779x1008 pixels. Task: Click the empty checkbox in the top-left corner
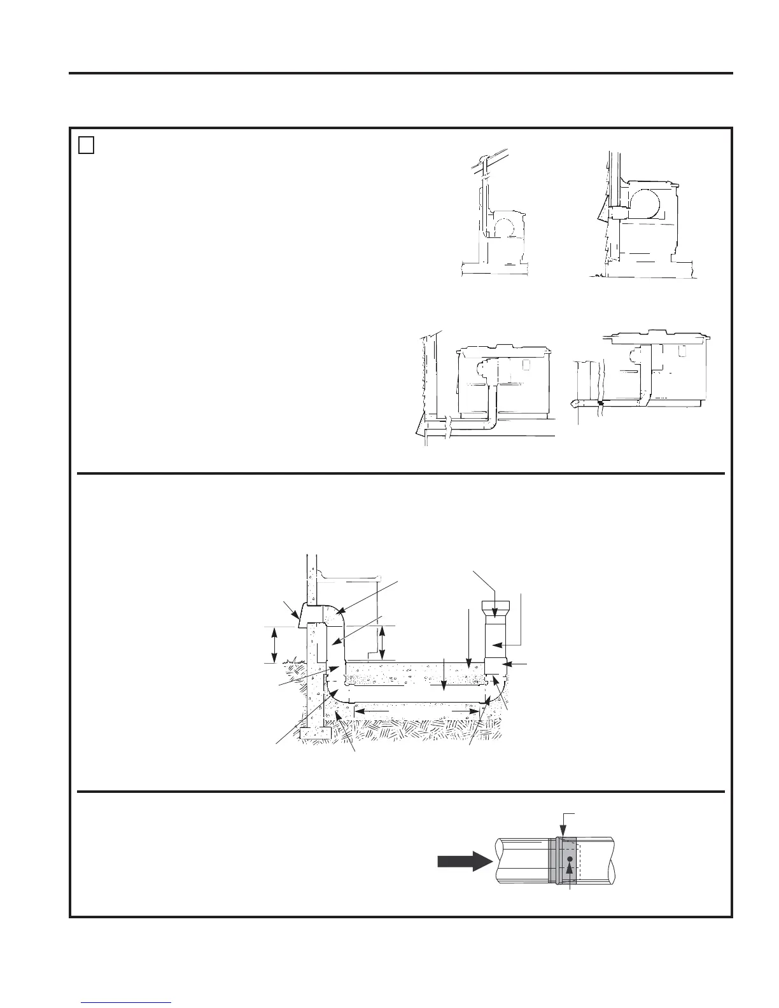tap(87, 146)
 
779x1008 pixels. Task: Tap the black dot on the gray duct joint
tap(570, 859)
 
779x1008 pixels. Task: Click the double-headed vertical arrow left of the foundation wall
tap(274, 645)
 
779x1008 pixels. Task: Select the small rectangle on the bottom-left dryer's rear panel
tap(527, 365)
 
